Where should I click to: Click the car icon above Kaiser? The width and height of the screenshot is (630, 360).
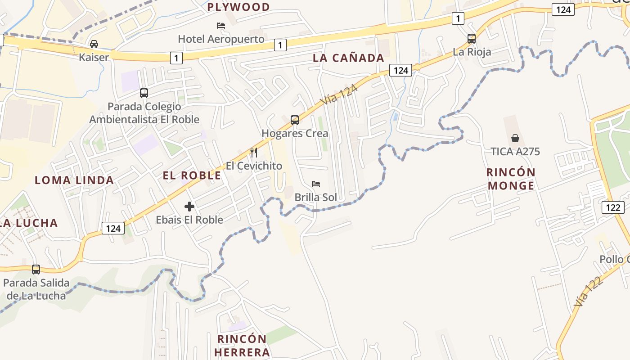(x=94, y=44)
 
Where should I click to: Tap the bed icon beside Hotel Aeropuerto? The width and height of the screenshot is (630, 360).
(x=221, y=26)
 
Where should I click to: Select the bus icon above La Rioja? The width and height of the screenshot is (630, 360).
(x=471, y=39)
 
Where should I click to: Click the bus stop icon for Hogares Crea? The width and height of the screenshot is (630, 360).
(x=295, y=120)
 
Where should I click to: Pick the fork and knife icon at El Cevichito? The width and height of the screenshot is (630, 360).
(x=254, y=153)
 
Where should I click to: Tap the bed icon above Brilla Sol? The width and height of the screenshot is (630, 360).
(x=316, y=184)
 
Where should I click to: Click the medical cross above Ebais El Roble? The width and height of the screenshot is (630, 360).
(x=189, y=207)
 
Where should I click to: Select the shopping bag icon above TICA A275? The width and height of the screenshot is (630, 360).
(x=515, y=138)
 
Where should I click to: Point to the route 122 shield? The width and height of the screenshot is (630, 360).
(x=613, y=207)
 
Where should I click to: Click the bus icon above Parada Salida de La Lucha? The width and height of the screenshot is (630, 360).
(x=36, y=270)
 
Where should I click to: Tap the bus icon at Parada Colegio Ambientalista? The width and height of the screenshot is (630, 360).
(x=144, y=93)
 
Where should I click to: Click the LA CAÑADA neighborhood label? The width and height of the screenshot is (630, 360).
(x=348, y=58)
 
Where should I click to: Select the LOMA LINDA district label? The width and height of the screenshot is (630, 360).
(x=74, y=180)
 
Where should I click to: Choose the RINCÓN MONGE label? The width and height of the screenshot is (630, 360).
(x=511, y=179)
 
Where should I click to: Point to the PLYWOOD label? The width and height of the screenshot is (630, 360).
(x=238, y=7)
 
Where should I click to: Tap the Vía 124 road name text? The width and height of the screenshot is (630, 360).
(x=339, y=95)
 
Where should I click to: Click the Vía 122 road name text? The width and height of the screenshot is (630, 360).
(x=587, y=292)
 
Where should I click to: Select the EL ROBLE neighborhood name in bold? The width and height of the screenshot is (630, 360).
(x=192, y=175)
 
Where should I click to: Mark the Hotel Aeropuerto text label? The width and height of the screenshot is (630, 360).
(x=221, y=39)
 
